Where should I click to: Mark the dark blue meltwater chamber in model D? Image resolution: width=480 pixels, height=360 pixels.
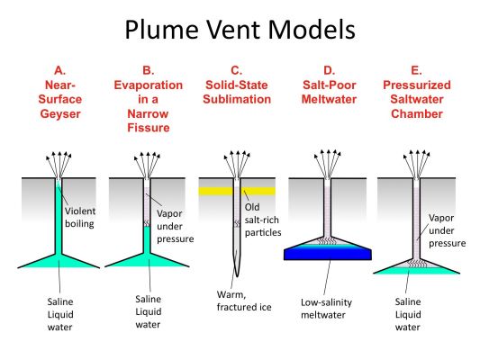[x=328, y=254]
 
